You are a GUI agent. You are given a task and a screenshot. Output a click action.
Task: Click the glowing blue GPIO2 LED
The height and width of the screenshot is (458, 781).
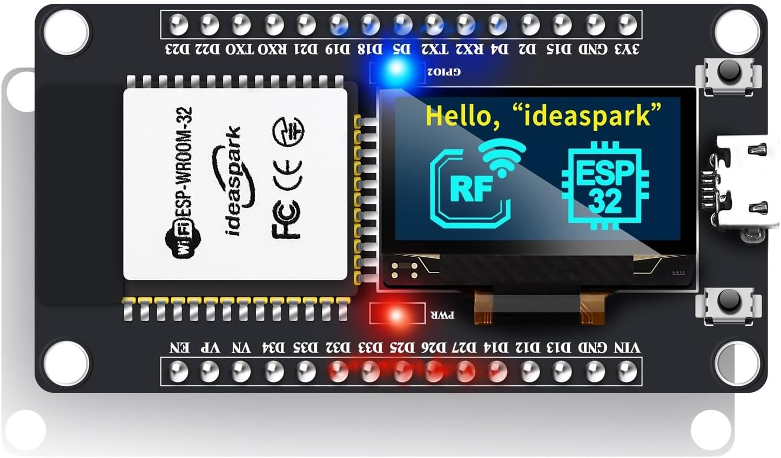397,70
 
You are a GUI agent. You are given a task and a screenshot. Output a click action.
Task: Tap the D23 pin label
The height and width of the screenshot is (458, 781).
178,49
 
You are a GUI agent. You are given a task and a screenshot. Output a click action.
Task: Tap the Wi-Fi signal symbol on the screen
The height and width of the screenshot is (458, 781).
503,157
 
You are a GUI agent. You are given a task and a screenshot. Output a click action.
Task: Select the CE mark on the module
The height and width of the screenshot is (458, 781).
288,175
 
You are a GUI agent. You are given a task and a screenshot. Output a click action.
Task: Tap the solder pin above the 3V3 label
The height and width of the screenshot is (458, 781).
627,24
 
